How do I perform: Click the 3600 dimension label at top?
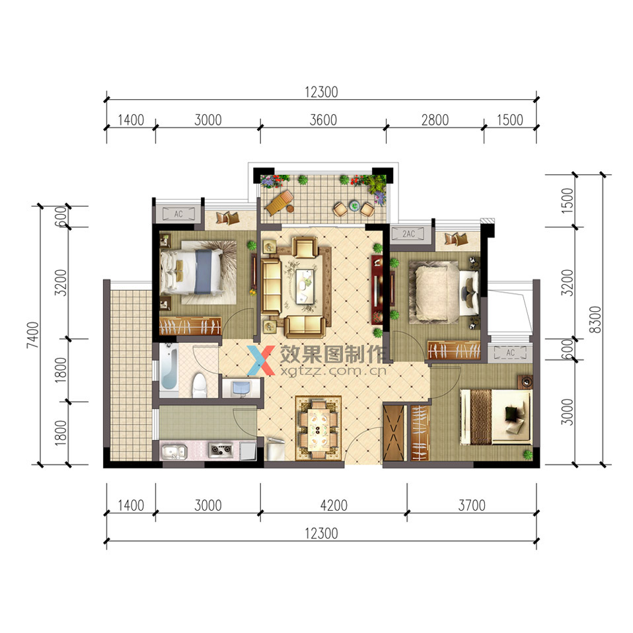pyautogui.click(x=323, y=120)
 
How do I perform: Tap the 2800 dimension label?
pyautogui.click(x=435, y=120)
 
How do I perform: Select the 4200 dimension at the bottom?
pyautogui.click(x=334, y=505)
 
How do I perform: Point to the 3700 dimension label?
pyautogui.click(x=472, y=505)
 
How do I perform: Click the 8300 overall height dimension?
pyautogui.click(x=595, y=319)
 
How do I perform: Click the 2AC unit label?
pyautogui.click(x=408, y=234)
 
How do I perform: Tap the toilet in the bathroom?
pyautogui.click(x=200, y=385)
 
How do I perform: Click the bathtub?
pyautogui.click(x=169, y=367)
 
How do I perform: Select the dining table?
pyautogui.click(x=318, y=429)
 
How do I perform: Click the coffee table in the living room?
pyautogui.click(x=305, y=286)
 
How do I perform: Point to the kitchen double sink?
pyautogui.click(x=174, y=451)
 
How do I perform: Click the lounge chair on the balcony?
pyautogui.click(x=279, y=203)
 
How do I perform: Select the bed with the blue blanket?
pyautogui.click(x=192, y=271)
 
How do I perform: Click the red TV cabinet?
pyautogui.click(x=377, y=289)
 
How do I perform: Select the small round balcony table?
pyautogui.click(x=354, y=205)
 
